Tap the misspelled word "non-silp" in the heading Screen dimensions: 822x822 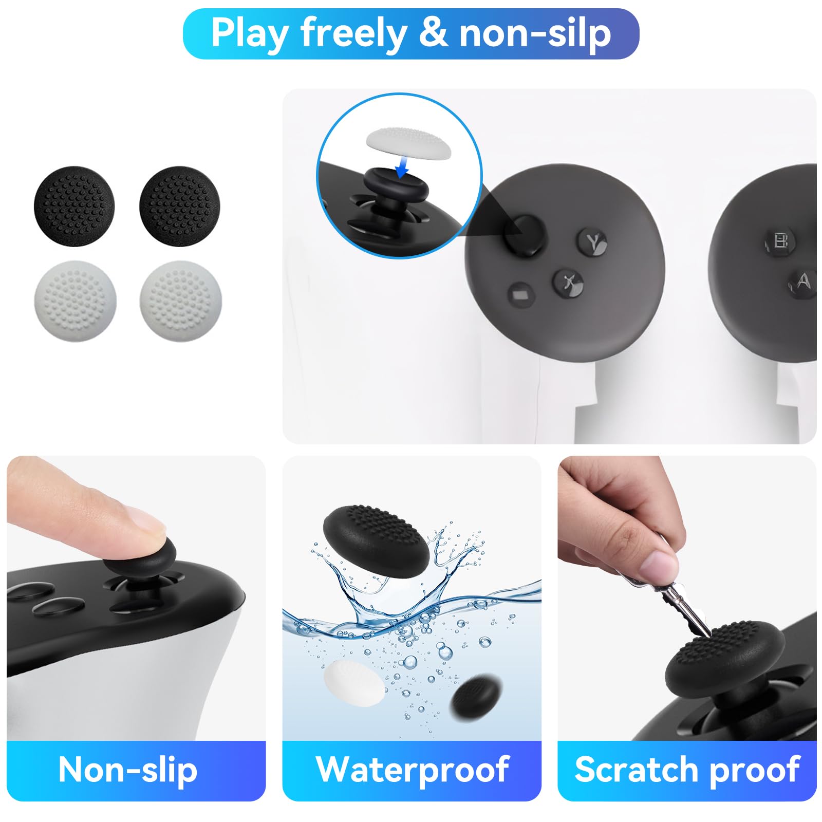tap(534, 34)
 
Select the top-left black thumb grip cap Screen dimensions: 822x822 tap(74, 206)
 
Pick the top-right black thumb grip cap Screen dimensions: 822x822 tap(180, 206)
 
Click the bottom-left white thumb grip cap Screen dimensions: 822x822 tap(75, 301)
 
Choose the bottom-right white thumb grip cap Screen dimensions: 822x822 tap(181, 301)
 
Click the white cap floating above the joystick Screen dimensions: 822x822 tap(408, 141)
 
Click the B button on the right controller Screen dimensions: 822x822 tap(780, 240)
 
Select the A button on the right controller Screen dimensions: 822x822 tap(803, 282)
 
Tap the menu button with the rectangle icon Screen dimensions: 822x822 tap(520, 295)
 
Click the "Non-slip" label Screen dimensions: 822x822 tap(128, 770)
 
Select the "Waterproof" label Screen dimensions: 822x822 tap(412, 770)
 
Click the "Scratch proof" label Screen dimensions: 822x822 tap(687, 770)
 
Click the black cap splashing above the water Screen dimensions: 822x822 tap(376, 539)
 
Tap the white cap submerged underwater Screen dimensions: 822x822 tap(354, 683)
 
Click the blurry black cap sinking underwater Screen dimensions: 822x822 tap(475, 696)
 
